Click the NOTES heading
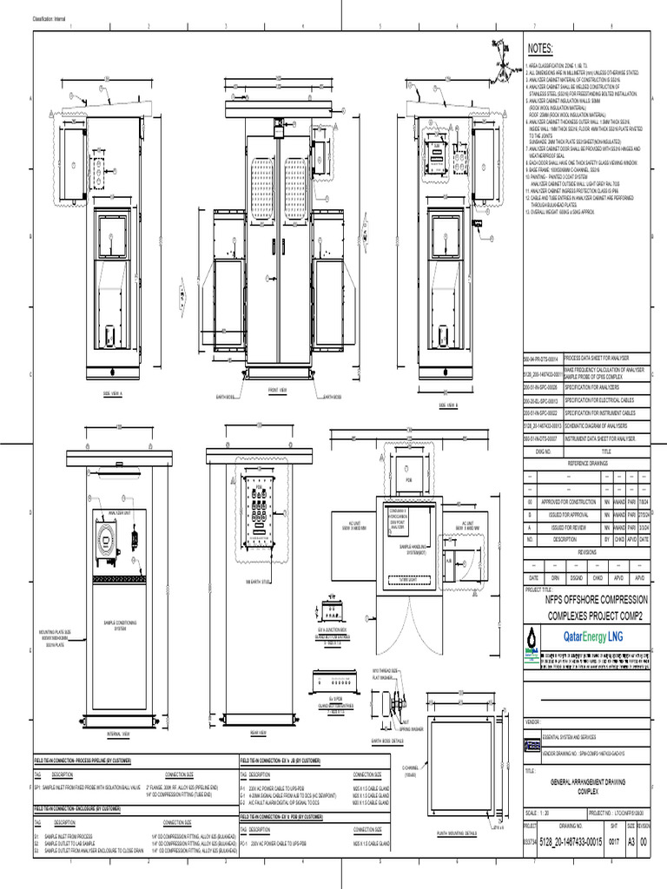(x=539, y=49)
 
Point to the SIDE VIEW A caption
(x=114, y=392)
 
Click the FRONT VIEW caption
(x=278, y=390)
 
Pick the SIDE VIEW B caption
(x=448, y=405)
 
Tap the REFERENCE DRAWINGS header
(x=583, y=464)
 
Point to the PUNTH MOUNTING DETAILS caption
(x=458, y=833)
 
